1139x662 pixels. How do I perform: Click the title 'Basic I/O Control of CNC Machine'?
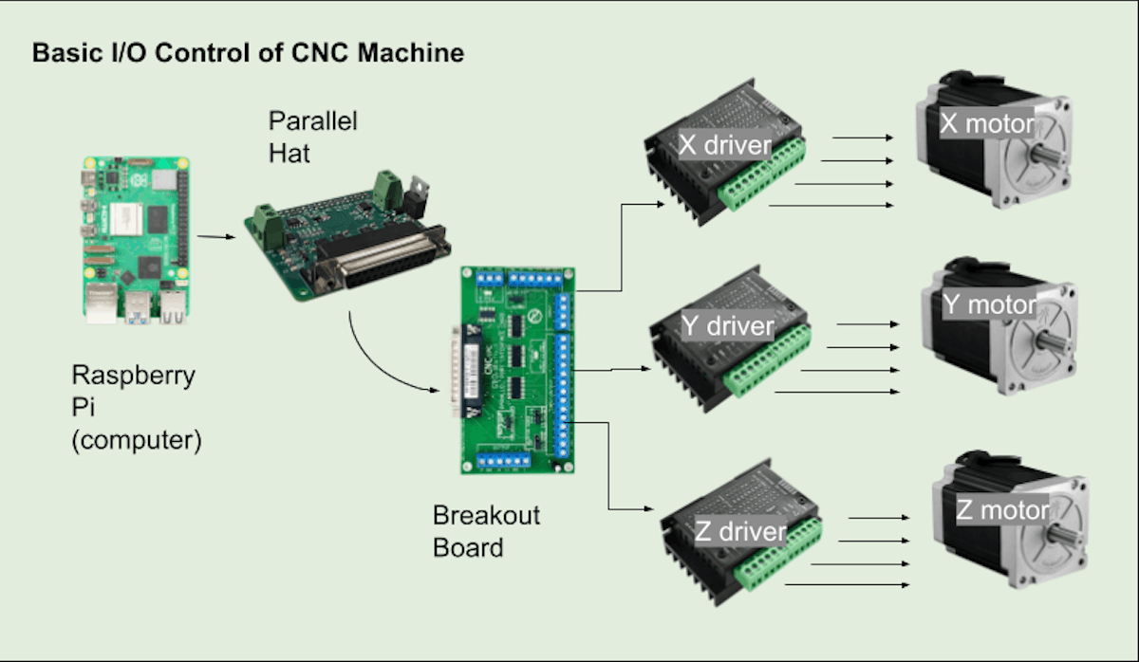point(248,52)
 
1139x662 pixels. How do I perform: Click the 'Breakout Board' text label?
point(486,531)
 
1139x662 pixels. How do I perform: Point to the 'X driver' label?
point(724,144)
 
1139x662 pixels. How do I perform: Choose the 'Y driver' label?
point(728,326)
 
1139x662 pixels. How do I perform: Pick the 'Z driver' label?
point(740,531)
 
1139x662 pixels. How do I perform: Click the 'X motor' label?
point(986,123)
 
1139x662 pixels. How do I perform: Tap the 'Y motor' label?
point(990,304)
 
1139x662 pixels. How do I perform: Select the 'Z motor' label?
point(1002,510)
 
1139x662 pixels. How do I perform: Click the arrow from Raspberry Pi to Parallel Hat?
point(217,237)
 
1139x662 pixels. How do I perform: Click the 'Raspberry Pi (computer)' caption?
point(136,408)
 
